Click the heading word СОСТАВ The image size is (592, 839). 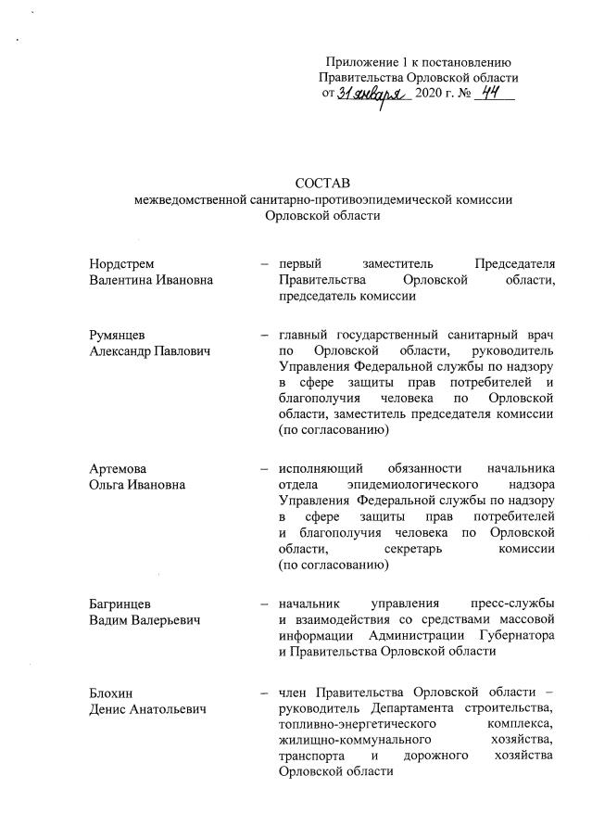[x=323, y=182]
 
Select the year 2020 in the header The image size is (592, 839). [x=432, y=95]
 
